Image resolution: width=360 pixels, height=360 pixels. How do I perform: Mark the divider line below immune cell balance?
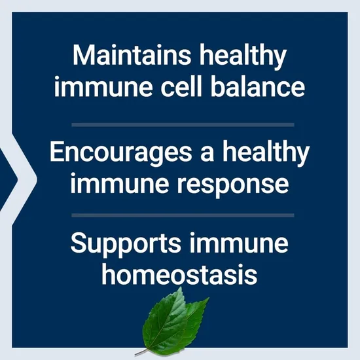pyautogui.click(x=180, y=124)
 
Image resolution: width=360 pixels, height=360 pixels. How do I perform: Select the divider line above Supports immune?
pyautogui.click(x=180, y=215)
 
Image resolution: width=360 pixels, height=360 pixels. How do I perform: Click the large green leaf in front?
pyautogui.click(x=164, y=321)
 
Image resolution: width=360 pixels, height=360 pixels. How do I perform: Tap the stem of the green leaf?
pyautogui.click(x=141, y=352)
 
